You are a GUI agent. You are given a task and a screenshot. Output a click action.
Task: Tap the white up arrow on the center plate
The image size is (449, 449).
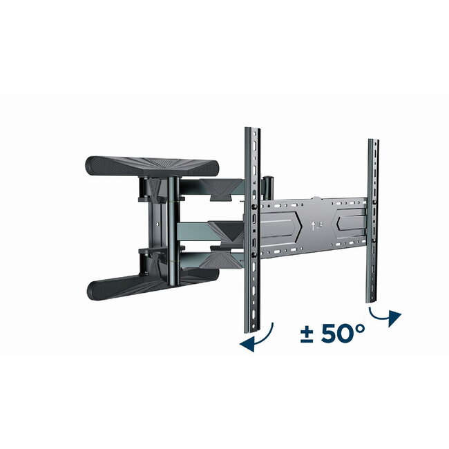(x=314, y=224)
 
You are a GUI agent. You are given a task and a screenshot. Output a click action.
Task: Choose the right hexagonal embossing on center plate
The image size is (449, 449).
(x=349, y=224)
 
